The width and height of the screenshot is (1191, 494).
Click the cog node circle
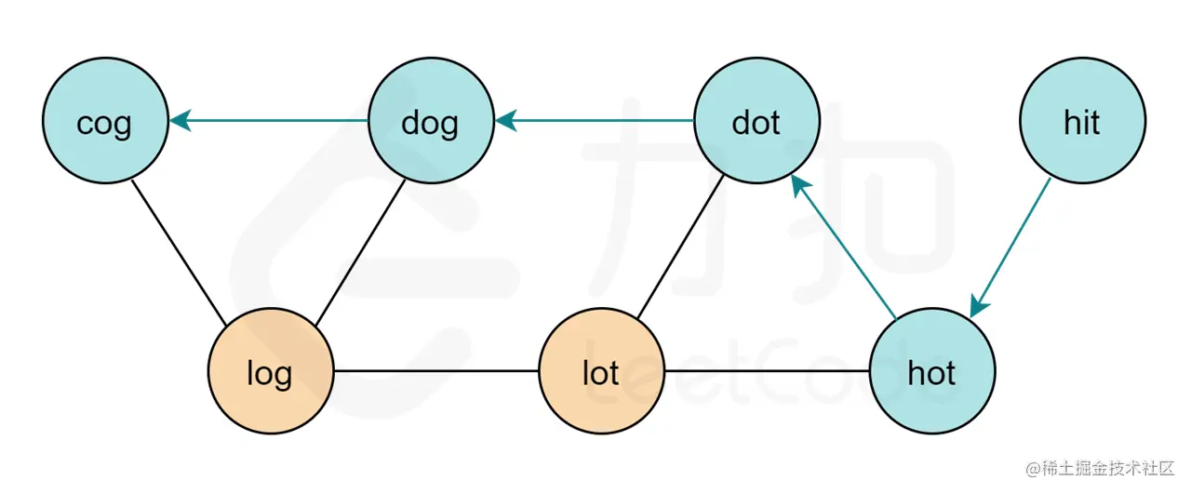click(x=104, y=122)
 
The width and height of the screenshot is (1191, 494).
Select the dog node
click(x=431, y=122)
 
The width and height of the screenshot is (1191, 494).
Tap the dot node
click(x=756, y=122)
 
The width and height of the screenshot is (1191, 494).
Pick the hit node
click(x=1082, y=122)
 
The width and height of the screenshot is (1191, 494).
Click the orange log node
click(x=270, y=372)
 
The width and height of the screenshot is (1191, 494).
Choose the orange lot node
click(x=601, y=372)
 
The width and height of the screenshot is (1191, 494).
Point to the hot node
click(x=931, y=372)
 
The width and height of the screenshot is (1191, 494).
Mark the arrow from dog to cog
click(x=270, y=121)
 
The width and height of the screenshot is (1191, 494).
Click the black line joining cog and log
click(x=179, y=251)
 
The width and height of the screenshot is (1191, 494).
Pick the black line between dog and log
click(x=361, y=251)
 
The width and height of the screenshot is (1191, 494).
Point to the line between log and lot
click(x=435, y=372)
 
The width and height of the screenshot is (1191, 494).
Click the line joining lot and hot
click(x=767, y=372)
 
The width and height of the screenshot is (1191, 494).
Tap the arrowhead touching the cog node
click(x=179, y=120)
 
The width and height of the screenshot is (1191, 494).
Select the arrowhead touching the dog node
click(x=504, y=120)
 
